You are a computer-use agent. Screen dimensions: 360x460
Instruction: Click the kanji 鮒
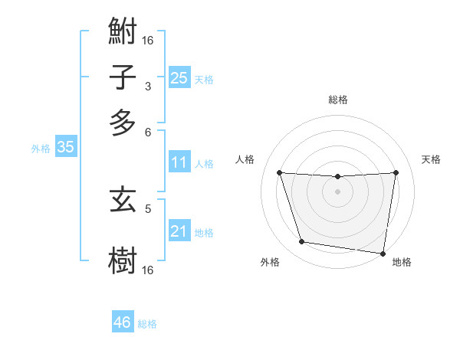[x=123, y=33]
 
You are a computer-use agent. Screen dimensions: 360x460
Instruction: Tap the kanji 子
[x=123, y=77]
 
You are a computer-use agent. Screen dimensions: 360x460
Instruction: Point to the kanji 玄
[x=123, y=201]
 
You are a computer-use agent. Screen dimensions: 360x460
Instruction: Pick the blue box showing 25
[x=179, y=77]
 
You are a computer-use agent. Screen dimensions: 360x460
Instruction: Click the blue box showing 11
[x=179, y=162]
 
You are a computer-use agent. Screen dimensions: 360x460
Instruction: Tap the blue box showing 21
[x=179, y=231]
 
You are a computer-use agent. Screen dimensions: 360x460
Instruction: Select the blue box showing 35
[x=65, y=148]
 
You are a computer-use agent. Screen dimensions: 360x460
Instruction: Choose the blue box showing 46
[x=122, y=322]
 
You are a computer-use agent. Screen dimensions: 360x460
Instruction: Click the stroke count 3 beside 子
[x=148, y=87]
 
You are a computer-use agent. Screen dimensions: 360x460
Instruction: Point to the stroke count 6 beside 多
[x=148, y=131]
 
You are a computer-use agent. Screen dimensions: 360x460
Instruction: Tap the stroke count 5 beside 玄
[x=148, y=207]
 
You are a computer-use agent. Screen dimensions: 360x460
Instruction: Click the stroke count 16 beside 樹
[x=148, y=270]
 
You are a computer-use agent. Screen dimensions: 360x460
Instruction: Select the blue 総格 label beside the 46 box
[x=147, y=324]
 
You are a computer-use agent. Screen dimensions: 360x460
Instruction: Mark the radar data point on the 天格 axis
[x=396, y=172]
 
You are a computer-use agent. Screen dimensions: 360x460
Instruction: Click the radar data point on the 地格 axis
[x=383, y=253]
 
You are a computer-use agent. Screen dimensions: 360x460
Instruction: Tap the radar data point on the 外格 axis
[x=302, y=242]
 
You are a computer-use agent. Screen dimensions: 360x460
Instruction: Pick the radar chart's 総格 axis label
[x=338, y=100]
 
